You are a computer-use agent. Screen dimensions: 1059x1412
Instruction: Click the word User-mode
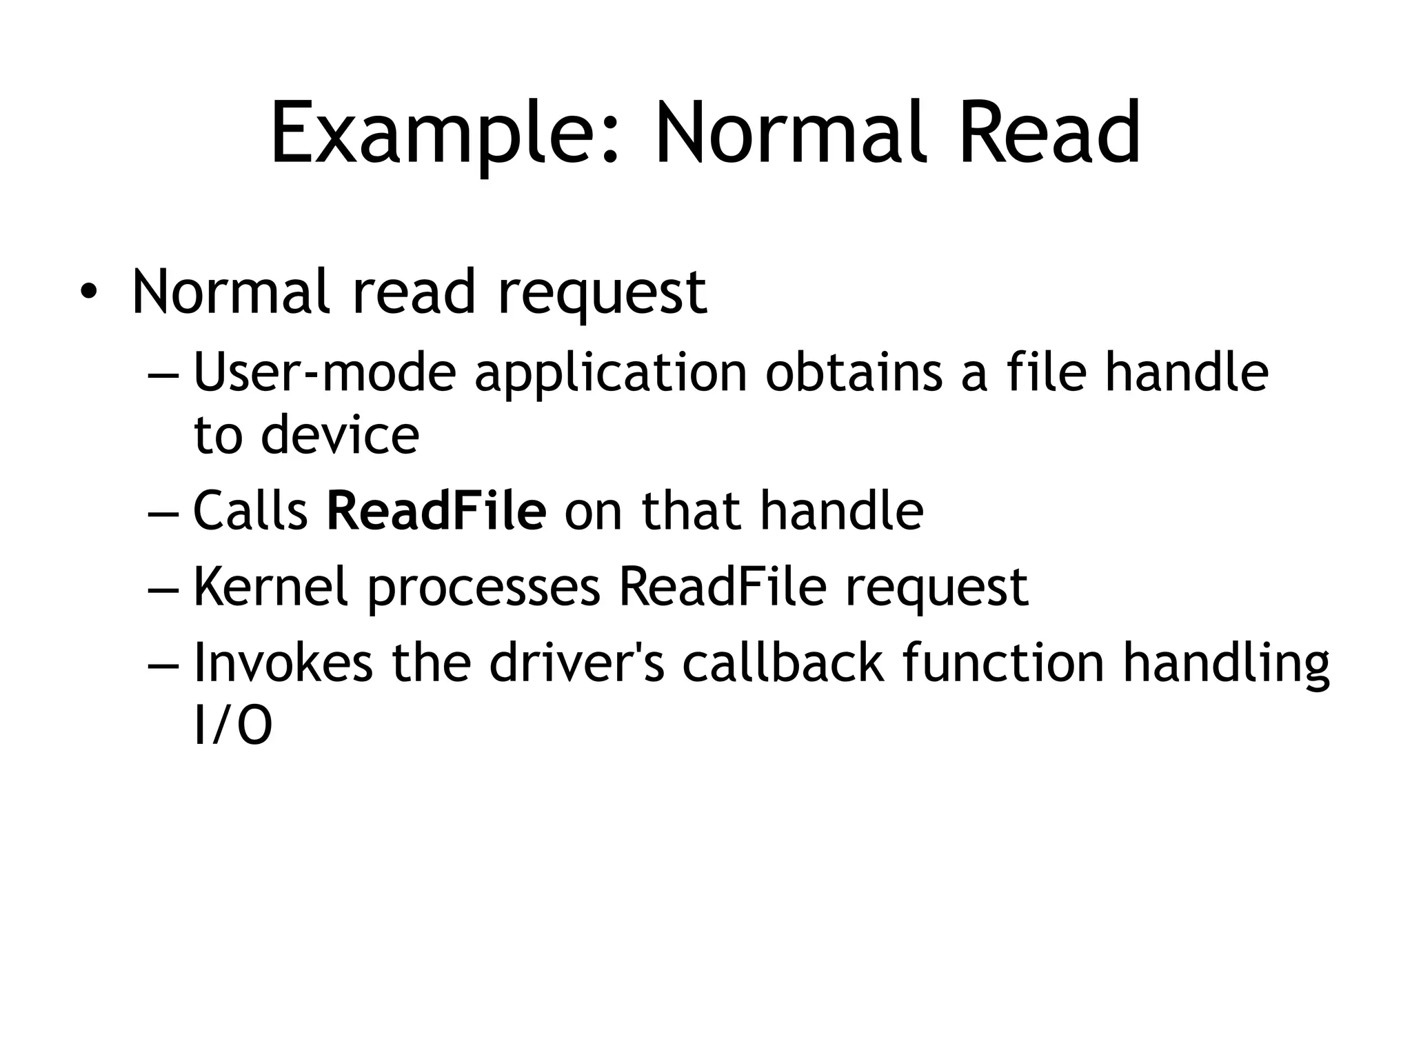(x=325, y=372)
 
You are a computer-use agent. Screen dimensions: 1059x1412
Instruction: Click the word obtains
(x=854, y=372)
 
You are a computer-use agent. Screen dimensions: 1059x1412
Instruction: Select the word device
(x=339, y=436)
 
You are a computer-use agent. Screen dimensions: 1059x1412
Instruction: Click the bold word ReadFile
(x=436, y=511)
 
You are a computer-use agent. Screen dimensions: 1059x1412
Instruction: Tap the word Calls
(x=250, y=511)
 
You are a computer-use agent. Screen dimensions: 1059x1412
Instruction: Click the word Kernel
(x=270, y=587)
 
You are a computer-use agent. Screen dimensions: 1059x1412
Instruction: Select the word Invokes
(x=283, y=663)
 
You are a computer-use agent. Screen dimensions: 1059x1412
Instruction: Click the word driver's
(x=576, y=663)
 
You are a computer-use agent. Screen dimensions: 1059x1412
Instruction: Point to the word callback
(x=783, y=663)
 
